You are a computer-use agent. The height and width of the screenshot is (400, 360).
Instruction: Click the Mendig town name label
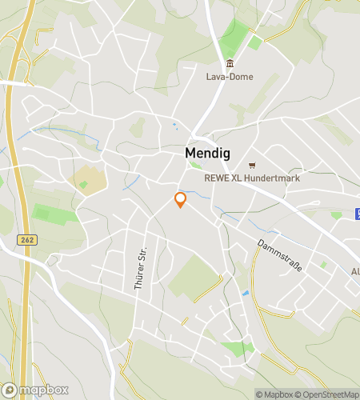(x=208, y=152)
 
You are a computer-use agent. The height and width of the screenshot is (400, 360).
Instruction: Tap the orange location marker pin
(x=180, y=199)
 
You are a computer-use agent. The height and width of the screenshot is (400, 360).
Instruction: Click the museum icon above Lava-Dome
(x=230, y=64)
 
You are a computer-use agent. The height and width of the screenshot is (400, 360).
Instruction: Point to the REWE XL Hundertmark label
(x=252, y=178)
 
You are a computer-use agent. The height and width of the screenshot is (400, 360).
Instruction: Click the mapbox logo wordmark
(x=45, y=390)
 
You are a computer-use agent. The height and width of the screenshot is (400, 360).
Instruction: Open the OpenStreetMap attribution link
(x=327, y=394)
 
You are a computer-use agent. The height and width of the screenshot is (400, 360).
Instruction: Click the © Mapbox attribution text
(x=274, y=394)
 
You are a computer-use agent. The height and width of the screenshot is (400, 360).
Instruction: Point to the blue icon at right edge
(x=356, y=214)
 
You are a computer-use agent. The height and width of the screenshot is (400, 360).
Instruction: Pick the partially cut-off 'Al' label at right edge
(x=354, y=272)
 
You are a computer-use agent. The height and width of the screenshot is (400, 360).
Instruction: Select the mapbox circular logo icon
(x=10, y=390)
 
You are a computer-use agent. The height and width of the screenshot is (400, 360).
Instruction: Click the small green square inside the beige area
(x=83, y=185)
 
